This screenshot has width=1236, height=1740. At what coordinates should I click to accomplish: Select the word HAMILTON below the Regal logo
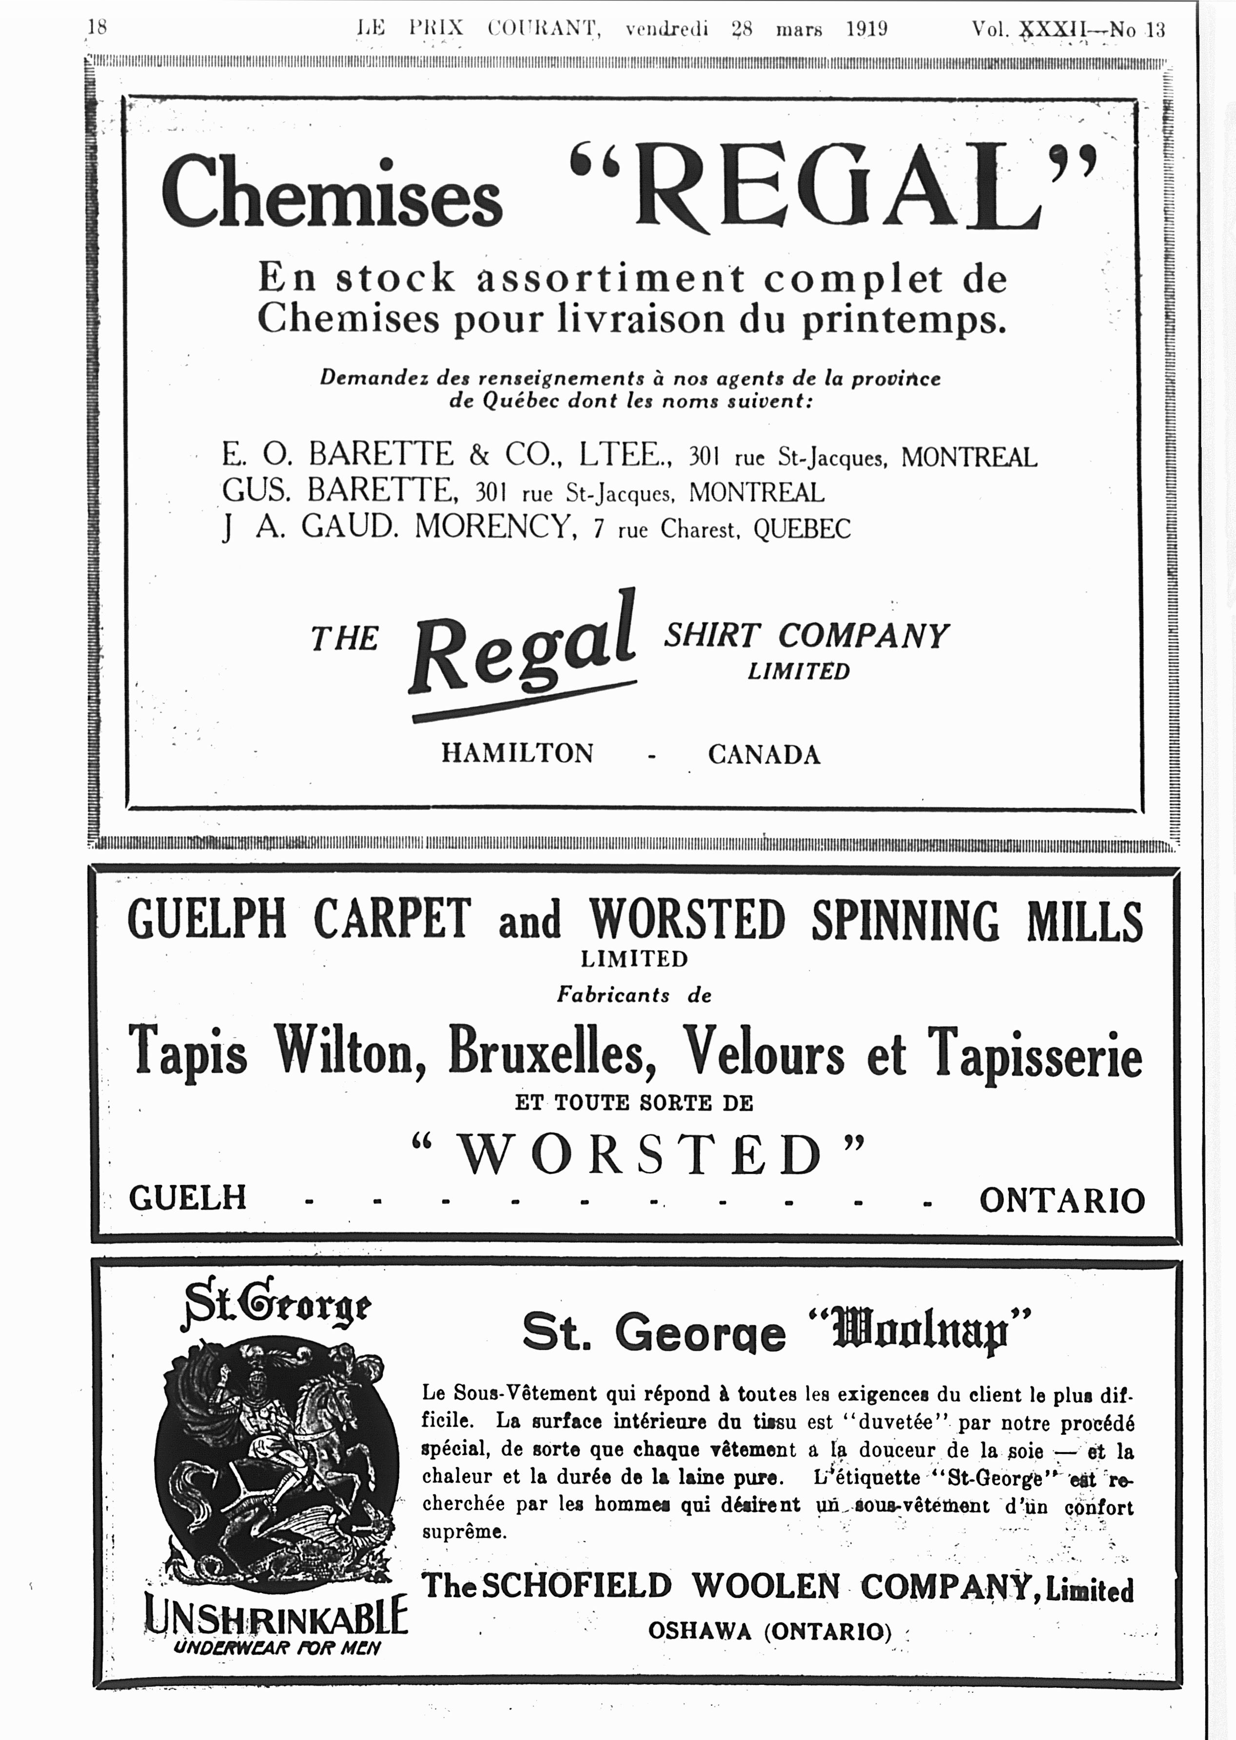point(517,753)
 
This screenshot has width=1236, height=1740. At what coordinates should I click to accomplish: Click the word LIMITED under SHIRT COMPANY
point(798,671)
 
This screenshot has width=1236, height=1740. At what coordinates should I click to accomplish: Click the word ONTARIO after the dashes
point(1062,1200)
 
